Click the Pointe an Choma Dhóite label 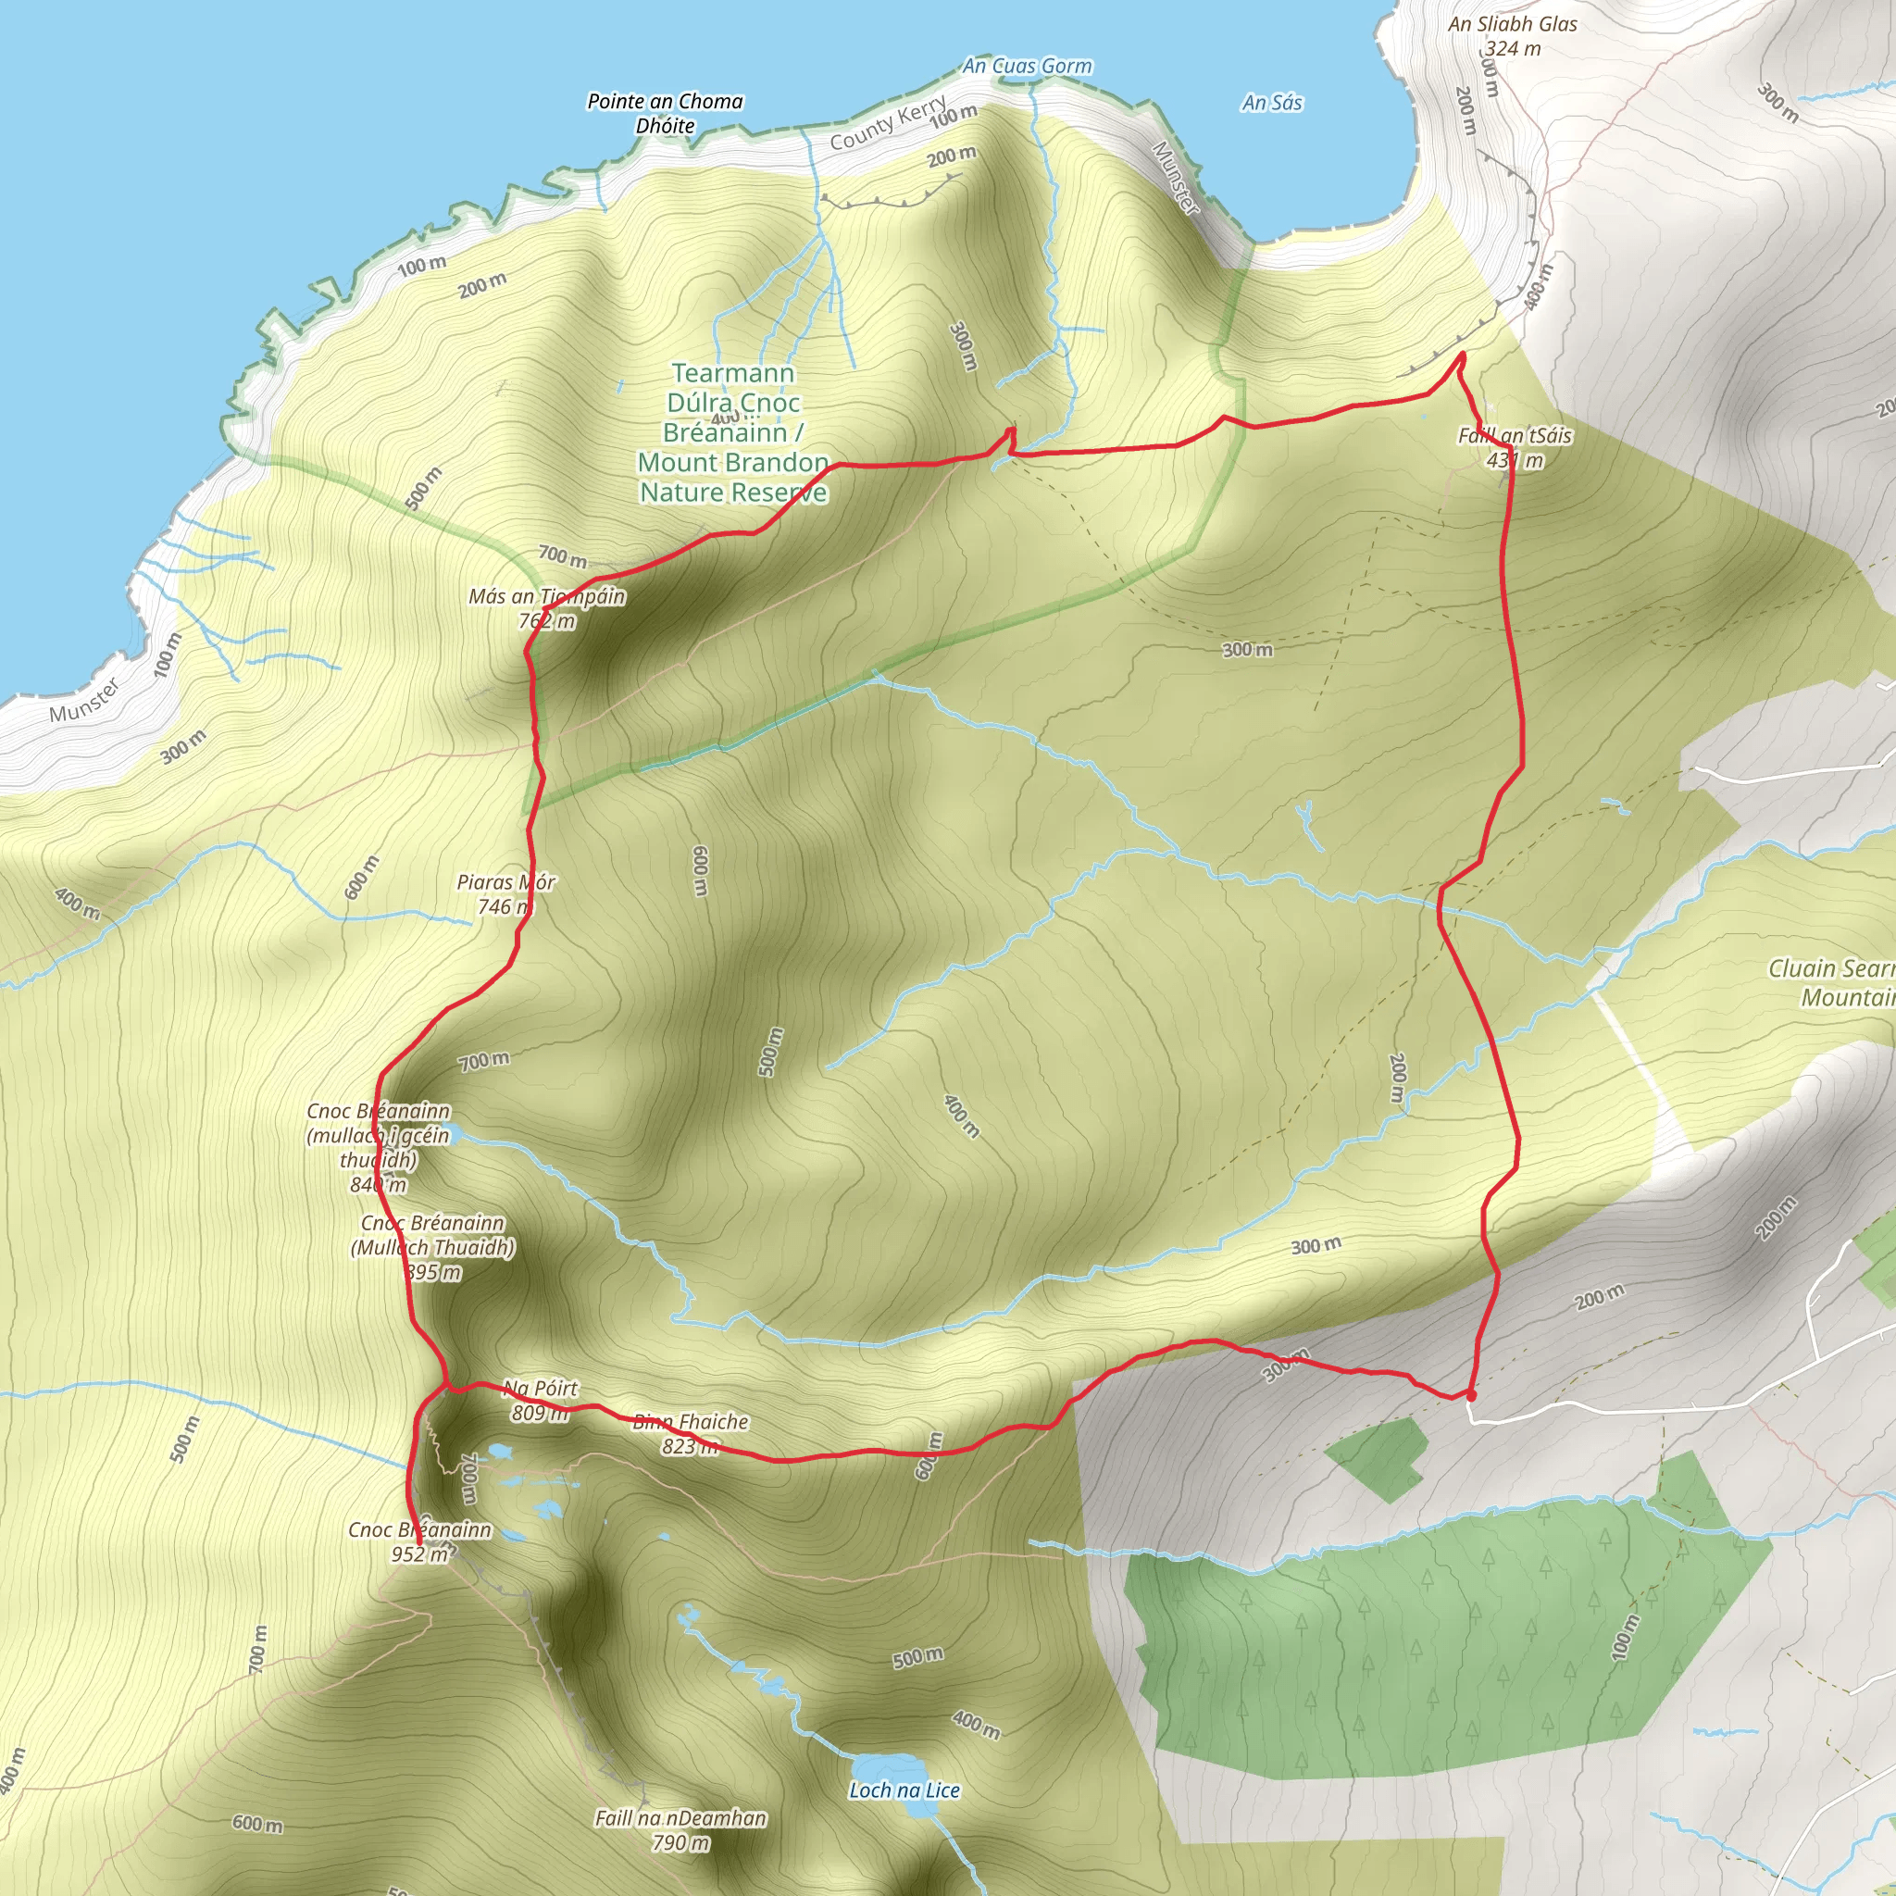pos(665,113)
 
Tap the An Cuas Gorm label pos(1027,66)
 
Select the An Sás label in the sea pos(1272,102)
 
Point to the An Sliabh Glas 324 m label pos(1513,36)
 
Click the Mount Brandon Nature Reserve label pos(733,431)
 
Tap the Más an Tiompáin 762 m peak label pos(546,608)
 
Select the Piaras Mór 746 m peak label pos(505,894)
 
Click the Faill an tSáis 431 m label pos(1515,447)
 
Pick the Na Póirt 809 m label pos(540,1401)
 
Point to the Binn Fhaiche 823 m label pos(691,1434)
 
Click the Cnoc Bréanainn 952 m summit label pos(420,1541)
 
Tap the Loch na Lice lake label pos(904,1790)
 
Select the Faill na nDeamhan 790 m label pos(680,1830)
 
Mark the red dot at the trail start pos(1470,1394)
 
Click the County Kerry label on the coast pos(888,124)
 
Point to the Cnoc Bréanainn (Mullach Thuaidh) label pos(432,1247)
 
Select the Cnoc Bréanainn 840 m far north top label pos(379,1147)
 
